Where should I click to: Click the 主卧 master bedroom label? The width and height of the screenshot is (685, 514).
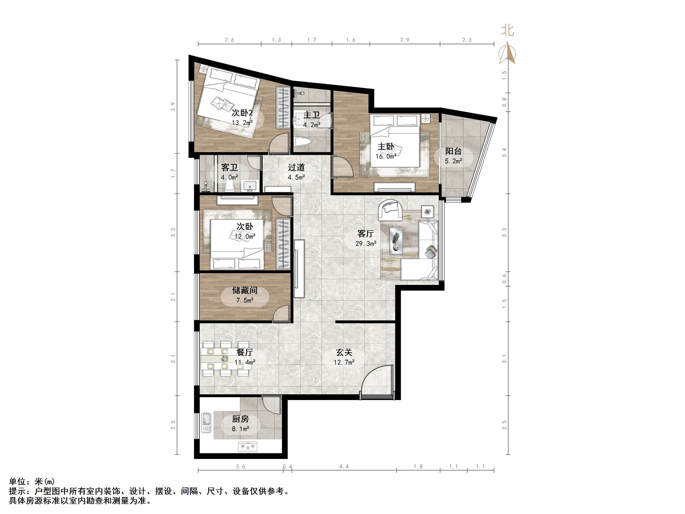coord(386,147)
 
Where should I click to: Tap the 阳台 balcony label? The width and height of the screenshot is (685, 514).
coord(453,151)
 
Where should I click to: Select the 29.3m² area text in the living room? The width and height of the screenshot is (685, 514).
coord(366,243)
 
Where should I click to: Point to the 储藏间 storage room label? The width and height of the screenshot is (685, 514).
coord(245,290)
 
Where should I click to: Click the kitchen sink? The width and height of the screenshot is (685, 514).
coord(206,423)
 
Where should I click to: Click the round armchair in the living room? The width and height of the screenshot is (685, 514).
coord(390,210)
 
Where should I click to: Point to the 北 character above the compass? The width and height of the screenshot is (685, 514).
coord(508,30)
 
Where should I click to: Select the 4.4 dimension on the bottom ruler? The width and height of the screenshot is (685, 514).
coord(344,466)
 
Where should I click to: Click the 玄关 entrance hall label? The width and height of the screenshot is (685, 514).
coord(344,352)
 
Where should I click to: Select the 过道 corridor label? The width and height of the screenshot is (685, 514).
coord(296,167)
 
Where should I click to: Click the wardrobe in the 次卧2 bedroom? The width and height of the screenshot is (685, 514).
coord(283,108)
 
